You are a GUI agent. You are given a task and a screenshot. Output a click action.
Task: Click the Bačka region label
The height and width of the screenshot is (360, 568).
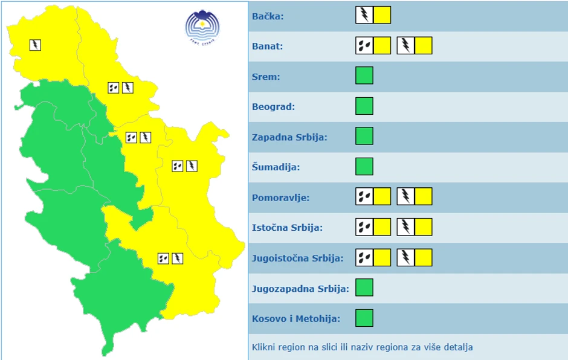coord(268,16)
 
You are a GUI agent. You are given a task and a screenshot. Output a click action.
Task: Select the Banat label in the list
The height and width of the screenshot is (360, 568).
coord(267,47)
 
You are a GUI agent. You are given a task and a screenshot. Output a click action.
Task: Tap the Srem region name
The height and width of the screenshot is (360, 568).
coord(265,77)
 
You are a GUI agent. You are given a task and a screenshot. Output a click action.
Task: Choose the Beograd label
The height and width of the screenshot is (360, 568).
coord(273,107)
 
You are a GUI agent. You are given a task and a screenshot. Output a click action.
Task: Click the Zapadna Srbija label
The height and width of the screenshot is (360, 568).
coord(289,137)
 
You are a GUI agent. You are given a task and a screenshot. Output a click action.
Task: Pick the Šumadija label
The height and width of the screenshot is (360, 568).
coord(276,167)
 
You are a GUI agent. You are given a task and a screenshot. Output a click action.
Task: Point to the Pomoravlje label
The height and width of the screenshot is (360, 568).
coord(280,198)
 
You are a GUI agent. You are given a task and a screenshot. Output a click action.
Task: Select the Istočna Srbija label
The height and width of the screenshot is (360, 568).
coord(287,228)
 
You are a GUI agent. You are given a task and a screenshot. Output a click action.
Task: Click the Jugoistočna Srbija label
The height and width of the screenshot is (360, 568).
coord(297,258)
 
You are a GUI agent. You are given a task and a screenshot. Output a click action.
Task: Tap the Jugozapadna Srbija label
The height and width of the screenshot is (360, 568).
coord(300,288)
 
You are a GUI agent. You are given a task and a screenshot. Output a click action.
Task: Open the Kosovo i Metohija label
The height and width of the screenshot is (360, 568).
coord(296,318)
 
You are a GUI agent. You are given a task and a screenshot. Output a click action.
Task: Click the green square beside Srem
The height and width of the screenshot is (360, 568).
coord(364,76)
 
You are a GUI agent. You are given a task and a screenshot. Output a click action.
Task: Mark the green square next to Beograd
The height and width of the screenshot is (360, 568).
coord(364,106)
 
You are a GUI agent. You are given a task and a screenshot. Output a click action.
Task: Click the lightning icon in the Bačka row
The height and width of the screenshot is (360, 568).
coord(364,15)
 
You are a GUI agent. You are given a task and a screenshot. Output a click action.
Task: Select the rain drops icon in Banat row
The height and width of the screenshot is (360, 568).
coord(364,45)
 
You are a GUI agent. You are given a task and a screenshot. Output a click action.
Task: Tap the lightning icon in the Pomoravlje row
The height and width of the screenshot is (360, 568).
coord(405,196)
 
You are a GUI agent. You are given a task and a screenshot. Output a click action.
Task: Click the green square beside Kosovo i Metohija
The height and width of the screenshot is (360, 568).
coord(364,318)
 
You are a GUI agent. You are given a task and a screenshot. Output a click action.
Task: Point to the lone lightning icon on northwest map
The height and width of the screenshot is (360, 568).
coord(35,45)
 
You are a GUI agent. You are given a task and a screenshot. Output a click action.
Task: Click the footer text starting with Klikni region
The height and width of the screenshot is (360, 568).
coord(363,347)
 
